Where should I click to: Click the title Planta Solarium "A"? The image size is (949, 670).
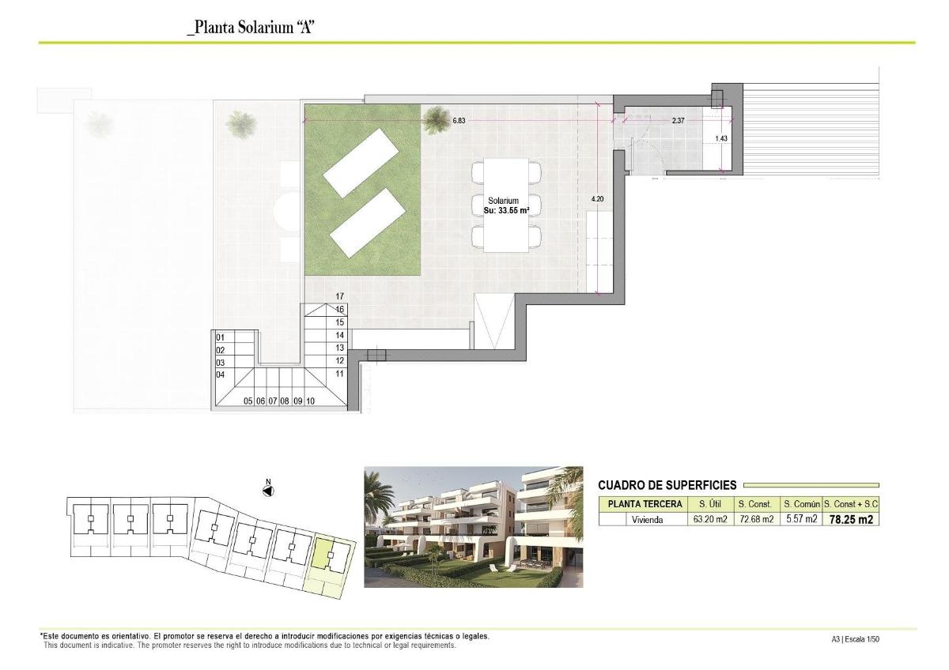[251, 28]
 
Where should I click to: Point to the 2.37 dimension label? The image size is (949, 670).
[678, 121]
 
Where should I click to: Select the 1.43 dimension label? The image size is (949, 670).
[720, 139]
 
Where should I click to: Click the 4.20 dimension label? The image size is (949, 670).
[597, 199]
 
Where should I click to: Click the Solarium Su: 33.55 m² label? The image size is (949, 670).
[505, 205]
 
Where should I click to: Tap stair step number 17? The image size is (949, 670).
[339, 296]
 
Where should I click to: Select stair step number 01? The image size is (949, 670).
[221, 337]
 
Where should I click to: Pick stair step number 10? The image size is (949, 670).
[311, 401]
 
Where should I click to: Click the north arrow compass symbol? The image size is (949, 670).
[268, 491]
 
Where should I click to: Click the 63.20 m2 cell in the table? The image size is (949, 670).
[709, 519]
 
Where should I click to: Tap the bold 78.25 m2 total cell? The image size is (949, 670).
[850, 519]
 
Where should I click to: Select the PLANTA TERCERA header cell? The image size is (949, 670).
[645, 504]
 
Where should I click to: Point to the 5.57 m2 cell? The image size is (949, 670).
[800, 519]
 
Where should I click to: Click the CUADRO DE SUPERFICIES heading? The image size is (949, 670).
[667, 485]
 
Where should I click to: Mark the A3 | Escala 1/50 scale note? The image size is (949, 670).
[855, 639]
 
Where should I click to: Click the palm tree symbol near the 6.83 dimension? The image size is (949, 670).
[435, 121]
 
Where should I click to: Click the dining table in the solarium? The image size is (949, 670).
[506, 205]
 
